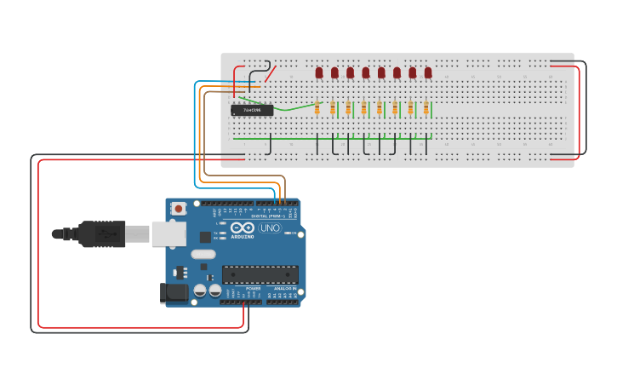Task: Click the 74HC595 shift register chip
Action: point(252,110)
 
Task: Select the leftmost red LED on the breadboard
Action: point(319,72)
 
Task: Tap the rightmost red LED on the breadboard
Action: point(428,72)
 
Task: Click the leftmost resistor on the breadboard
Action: point(317,108)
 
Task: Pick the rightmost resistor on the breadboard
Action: point(426,108)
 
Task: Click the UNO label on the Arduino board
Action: point(269,228)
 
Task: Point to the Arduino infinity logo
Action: point(242,228)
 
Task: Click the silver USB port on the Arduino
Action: point(169,233)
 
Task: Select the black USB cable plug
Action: point(102,233)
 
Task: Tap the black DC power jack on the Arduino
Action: point(174,293)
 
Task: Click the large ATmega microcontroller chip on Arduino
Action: point(260,274)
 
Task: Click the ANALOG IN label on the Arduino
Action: point(283,289)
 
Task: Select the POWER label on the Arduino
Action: point(253,289)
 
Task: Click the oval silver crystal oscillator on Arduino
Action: point(203,254)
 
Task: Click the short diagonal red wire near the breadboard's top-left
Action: point(270,74)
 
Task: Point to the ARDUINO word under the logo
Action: point(242,237)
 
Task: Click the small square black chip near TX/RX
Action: point(205,238)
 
